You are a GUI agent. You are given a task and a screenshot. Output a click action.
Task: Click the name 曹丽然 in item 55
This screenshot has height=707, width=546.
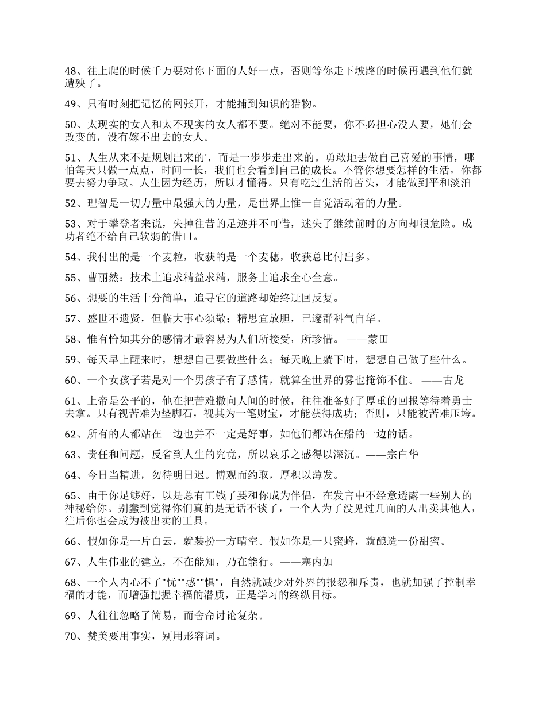coord(102,278)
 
